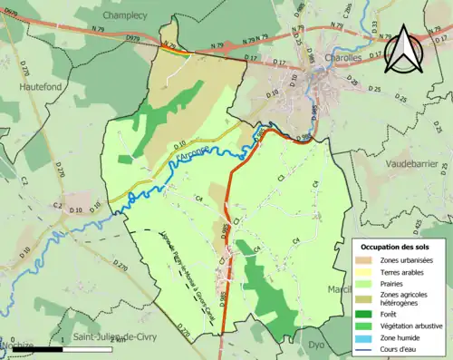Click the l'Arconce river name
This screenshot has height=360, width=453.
coord(192,158)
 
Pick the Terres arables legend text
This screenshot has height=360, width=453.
coord(405,272)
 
